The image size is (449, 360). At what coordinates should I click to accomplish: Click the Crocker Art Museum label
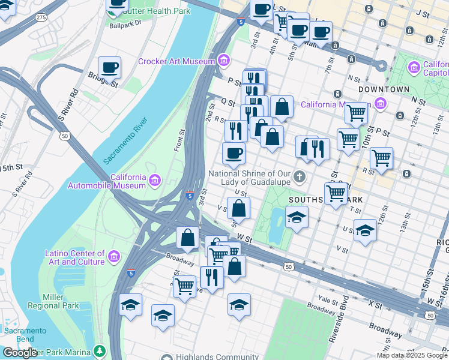tap(176, 61)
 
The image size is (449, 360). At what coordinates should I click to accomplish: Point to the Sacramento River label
tap(125, 142)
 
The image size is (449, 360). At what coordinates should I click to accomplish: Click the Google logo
tap(20, 353)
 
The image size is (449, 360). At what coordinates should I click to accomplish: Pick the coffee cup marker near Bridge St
tap(109, 67)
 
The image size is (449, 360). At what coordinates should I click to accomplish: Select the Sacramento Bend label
tap(25, 335)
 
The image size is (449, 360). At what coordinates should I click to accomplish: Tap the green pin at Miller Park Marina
tap(99, 350)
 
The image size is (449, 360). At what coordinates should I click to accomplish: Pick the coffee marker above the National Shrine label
tap(234, 152)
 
